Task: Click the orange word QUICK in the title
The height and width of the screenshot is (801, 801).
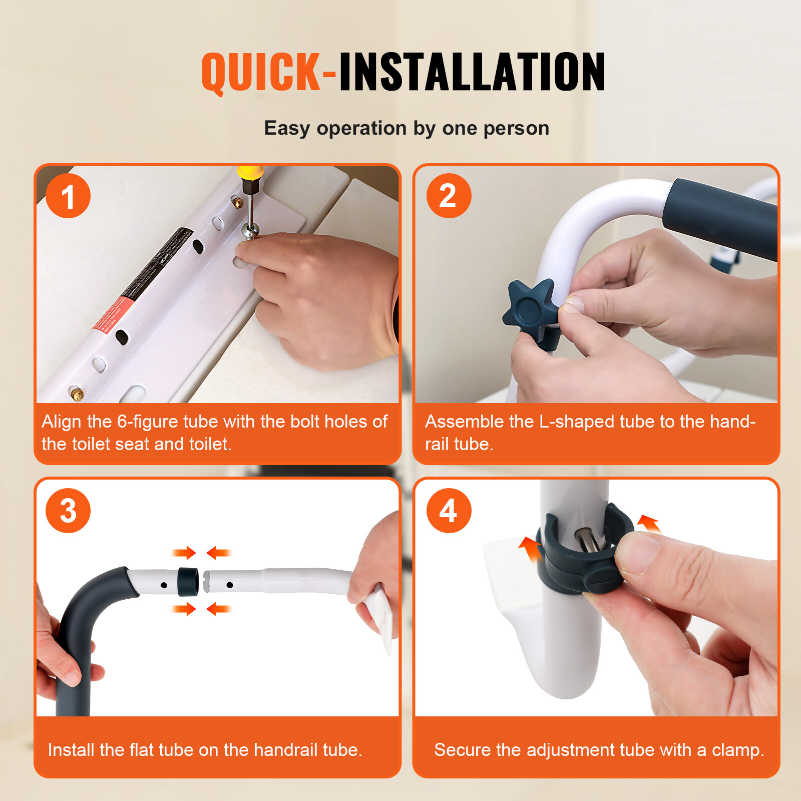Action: point(260,73)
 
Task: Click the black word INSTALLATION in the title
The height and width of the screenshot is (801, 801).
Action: point(472,73)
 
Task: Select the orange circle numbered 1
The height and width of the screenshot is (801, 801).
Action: point(68,196)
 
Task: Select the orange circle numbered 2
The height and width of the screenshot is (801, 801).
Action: point(449,196)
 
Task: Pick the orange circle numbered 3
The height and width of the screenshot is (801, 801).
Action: point(68,511)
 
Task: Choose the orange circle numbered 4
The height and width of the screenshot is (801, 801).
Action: point(449,511)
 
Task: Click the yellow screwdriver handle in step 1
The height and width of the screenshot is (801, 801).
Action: point(250,173)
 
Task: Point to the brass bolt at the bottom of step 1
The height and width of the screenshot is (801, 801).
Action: point(76,394)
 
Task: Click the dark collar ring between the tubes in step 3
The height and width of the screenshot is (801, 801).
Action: point(188,581)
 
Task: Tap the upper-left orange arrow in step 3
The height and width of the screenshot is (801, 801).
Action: point(184,553)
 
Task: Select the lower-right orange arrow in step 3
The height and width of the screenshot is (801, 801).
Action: point(218,609)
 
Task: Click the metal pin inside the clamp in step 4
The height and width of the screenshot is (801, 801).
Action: point(583,541)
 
